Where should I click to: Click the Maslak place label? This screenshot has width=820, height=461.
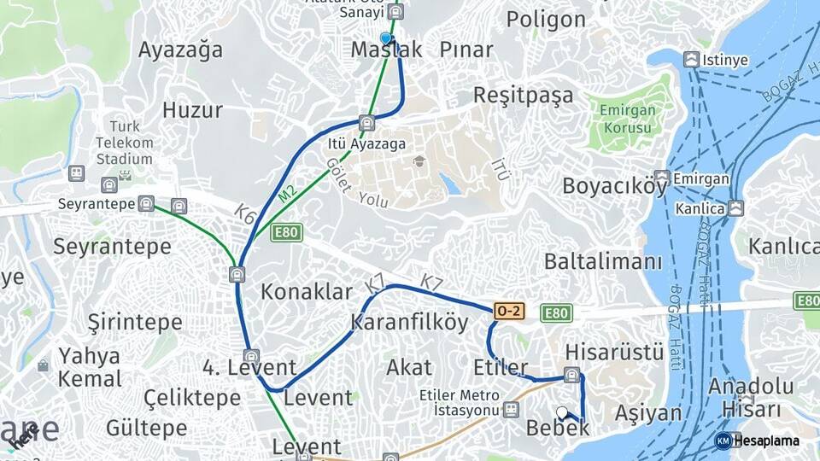(386, 50)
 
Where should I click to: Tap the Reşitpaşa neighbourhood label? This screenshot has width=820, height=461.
(523, 95)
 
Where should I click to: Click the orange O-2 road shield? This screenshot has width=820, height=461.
(509, 312)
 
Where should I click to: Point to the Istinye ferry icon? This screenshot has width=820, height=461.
(691, 60)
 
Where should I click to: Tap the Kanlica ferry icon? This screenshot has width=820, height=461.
(735, 207)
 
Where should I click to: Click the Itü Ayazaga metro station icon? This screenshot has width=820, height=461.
(366, 123)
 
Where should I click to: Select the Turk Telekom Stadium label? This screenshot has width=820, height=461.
(124, 143)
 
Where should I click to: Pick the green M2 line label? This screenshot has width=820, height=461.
(287, 195)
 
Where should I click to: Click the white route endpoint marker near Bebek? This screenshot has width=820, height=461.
(561, 412)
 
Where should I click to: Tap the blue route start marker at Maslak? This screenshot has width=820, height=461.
(386, 38)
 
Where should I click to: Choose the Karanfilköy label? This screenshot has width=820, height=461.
(409, 323)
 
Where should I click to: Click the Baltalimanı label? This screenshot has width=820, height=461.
(603, 261)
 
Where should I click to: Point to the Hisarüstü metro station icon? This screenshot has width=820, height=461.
(571, 374)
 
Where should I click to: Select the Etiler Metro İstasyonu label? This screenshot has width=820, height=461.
(459, 402)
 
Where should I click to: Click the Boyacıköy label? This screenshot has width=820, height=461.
(614, 186)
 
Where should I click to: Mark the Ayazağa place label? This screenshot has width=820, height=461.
(180, 50)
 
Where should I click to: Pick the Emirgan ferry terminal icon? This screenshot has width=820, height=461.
(662, 177)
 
